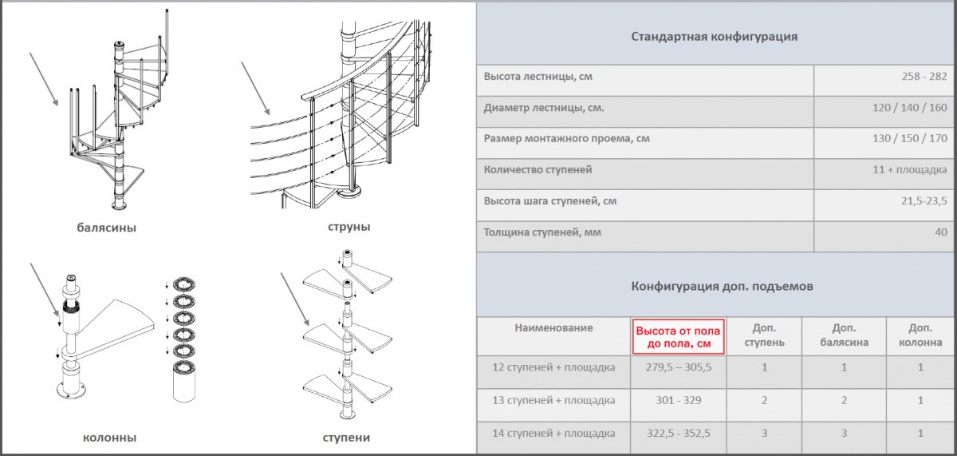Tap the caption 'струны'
click(x=349, y=227)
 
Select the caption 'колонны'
click(x=109, y=438)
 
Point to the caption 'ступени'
click(x=346, y=438)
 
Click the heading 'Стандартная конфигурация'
click(x=714, y=37)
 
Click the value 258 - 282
click(x=926, y=77)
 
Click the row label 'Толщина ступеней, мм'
click(x=542, y=232)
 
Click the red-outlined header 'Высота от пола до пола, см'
click(x=678, y=337)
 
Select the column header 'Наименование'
click(x=553, y=328)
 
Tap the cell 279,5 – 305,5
click(x=677, y=368)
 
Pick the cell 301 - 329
click(x=677, y=401)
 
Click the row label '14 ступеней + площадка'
click(x=553, y=434)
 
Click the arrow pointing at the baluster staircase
click(x=44, y=79)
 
